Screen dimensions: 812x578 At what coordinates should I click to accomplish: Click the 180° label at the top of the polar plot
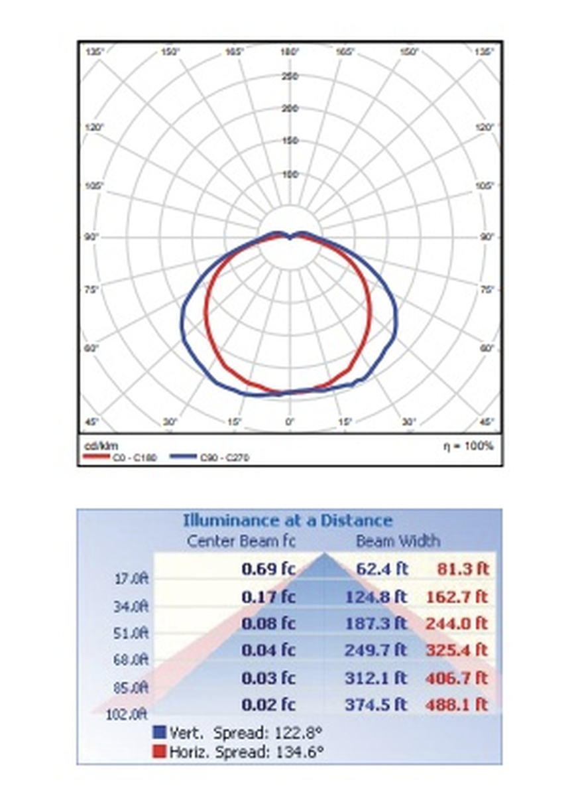point(289,51)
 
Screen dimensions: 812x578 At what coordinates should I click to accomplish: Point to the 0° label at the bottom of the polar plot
point(289,422)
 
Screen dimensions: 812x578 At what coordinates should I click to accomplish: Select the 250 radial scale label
point(290,76)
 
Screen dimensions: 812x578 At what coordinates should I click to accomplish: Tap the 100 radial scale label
point(290,174)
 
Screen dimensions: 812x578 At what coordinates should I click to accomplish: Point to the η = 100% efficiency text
point(468,446)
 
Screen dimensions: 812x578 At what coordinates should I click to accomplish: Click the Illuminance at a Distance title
point(287,521)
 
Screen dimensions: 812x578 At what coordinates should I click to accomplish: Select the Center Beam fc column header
point(241,541)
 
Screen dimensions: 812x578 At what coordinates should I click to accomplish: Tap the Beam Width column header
point(398,541)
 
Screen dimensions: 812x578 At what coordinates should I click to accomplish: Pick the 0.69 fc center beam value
point(268,569)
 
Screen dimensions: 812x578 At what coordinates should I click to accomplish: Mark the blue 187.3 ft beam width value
point(376,624)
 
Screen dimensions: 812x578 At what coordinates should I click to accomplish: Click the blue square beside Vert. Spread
point(159,732)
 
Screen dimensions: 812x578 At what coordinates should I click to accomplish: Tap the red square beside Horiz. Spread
point(159,752)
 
